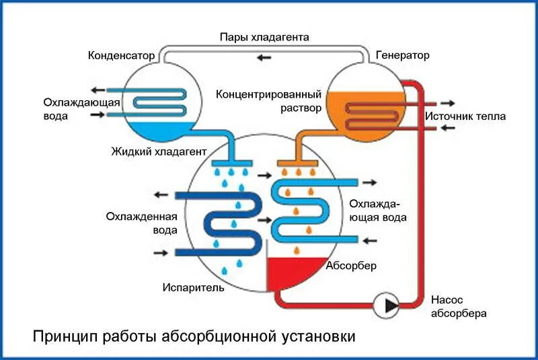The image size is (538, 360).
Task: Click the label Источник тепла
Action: tap(465, 116)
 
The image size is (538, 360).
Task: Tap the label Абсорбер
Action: tap(351, 265)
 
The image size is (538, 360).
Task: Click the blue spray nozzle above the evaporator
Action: tap(231, 163)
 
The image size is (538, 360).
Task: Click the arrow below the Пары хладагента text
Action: tap(264, 57)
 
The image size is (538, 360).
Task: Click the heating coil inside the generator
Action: tap(377, 114)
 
